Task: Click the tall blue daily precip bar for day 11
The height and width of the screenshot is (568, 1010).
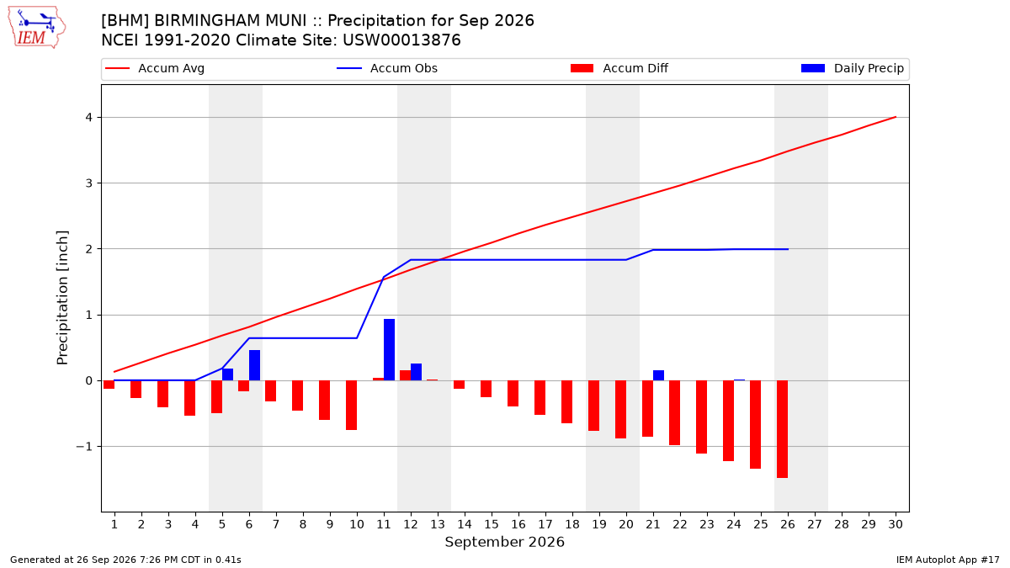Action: (x=389, y=350)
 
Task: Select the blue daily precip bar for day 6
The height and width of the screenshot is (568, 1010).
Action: (x=255, y=365)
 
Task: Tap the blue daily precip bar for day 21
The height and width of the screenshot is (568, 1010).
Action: (x=658, y=375)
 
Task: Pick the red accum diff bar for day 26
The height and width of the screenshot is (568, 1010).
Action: (x=782, y=429)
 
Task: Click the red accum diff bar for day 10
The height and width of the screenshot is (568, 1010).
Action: (x=351, y=406)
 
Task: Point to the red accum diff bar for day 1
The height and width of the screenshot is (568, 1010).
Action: (x=109, y=385)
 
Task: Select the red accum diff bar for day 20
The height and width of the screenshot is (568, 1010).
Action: (x=620, y=409)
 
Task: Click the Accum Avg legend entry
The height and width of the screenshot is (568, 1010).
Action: (x=155, y=68)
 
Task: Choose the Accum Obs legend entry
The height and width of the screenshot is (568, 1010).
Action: (x=387, y=68)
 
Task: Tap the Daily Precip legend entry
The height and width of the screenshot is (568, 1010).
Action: (x=852, y=68)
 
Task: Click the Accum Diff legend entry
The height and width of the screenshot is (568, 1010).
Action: (x=619, y=68)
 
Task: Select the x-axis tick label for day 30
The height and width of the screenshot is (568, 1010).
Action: (x=896, y=524)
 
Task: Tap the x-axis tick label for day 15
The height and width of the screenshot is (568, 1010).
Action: (x=492, y=524)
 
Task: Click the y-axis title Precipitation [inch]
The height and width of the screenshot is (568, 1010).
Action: (x=62, y=298)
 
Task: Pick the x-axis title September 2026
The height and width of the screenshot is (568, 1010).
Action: (x=504, y=542)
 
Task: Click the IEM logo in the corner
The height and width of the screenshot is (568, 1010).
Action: (x=37, y=28)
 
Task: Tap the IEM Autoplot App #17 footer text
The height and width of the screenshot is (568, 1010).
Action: (x=948, y=560)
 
